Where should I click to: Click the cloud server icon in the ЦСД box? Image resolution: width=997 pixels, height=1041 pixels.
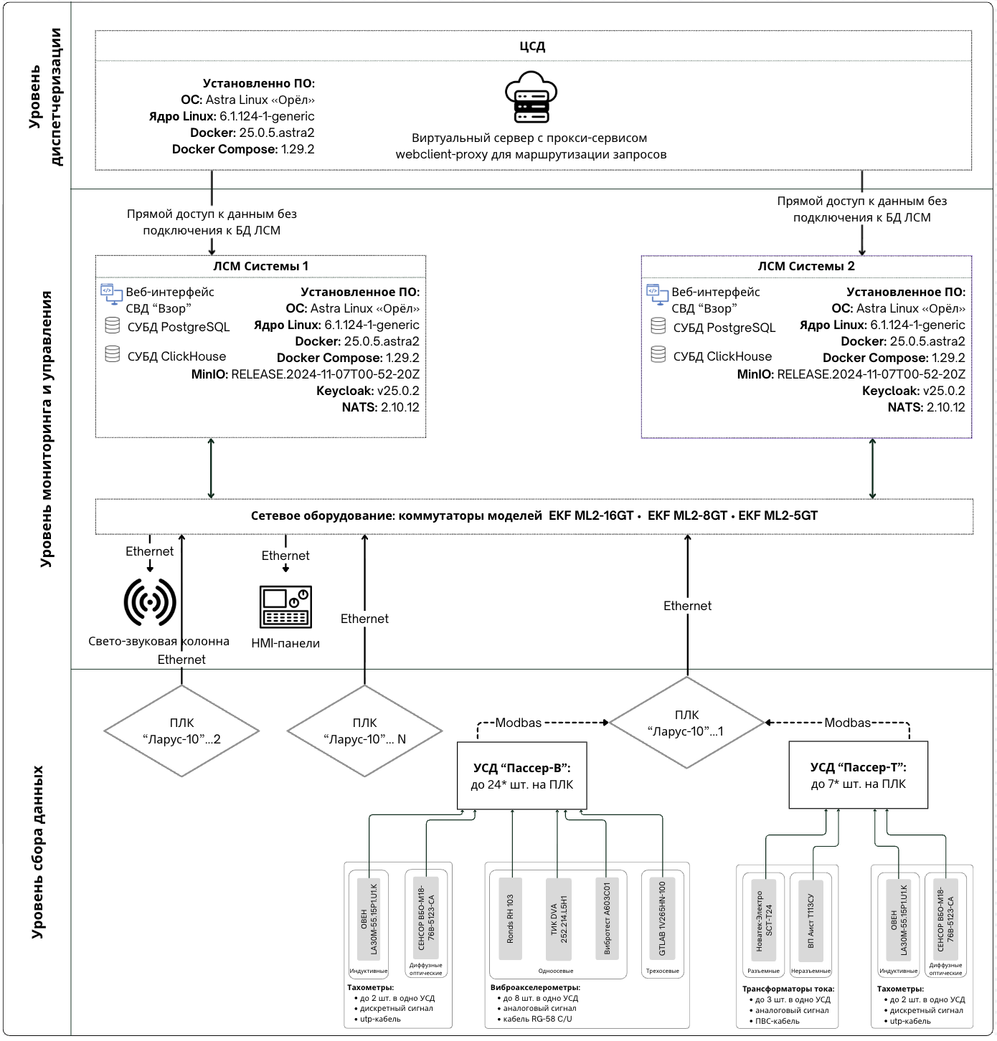pyautogui.click(x=531, y=98)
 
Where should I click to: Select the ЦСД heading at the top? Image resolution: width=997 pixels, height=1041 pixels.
pyautogui.click(x=532, y=47)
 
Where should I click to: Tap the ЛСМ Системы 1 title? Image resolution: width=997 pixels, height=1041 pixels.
pyautogui.click(x=260, y=267)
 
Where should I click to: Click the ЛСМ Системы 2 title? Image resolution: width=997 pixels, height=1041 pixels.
pyautogui.click(x=806, y=267)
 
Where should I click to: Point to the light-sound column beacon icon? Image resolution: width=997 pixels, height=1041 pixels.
pyautogui.click(x=150, y=603)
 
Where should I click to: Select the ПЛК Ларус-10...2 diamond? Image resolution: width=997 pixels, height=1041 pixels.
pyautogui.click(x=181, y=731)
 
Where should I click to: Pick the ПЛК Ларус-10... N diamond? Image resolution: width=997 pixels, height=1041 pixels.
pyautogui.click(x=364, y=731)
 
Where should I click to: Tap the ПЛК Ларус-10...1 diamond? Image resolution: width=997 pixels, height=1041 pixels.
pyautogui.click(x=687, y=723)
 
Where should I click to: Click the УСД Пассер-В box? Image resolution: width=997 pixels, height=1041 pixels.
pyautogui.click(x=522, y=776)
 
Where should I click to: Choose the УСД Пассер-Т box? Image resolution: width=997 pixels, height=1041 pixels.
pyautogui.click(x=858, y=776)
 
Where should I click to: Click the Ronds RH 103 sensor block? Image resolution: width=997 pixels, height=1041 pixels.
pyautogui.click(x=510, y=918)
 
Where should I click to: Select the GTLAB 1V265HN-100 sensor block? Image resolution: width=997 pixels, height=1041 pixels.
pyautogui.click(x=662, y=918)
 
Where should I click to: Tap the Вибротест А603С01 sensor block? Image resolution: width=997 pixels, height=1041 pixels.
pyautogui.click(x=607, y=918)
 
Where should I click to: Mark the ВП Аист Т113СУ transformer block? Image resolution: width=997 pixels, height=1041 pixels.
pyautogui.click(x=811, y=921)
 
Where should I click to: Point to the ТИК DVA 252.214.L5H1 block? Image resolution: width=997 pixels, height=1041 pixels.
pyautogui.click(x=559, y=918)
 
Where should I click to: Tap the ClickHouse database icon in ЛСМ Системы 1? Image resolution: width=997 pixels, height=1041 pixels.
pyautogui.click(x=112, y=354)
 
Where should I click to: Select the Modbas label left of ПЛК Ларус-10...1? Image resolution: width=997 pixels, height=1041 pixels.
pyautogui.click(x=519, y=723)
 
